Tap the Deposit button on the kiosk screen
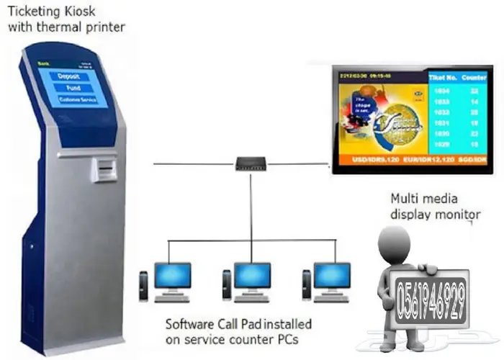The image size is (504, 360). point(72,75)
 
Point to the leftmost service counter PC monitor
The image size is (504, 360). point(173,275)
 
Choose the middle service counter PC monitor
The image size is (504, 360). point(252,275)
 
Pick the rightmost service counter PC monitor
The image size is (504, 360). point(332,275)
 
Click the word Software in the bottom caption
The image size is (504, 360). point(189,323)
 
